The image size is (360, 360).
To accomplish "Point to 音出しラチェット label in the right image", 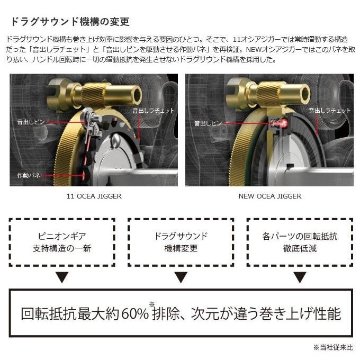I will pos(330,110).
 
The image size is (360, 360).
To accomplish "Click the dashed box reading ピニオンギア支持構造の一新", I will pos(62,242).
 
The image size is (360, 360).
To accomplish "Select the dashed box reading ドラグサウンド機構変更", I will pos(181,242).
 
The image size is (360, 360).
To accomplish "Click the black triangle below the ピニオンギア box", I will pos(62,277).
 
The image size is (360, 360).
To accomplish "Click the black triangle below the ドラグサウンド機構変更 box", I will pos(181,277).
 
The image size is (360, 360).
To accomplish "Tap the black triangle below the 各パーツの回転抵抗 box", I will pos(300,277).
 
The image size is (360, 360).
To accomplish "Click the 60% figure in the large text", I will pos(136,313).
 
